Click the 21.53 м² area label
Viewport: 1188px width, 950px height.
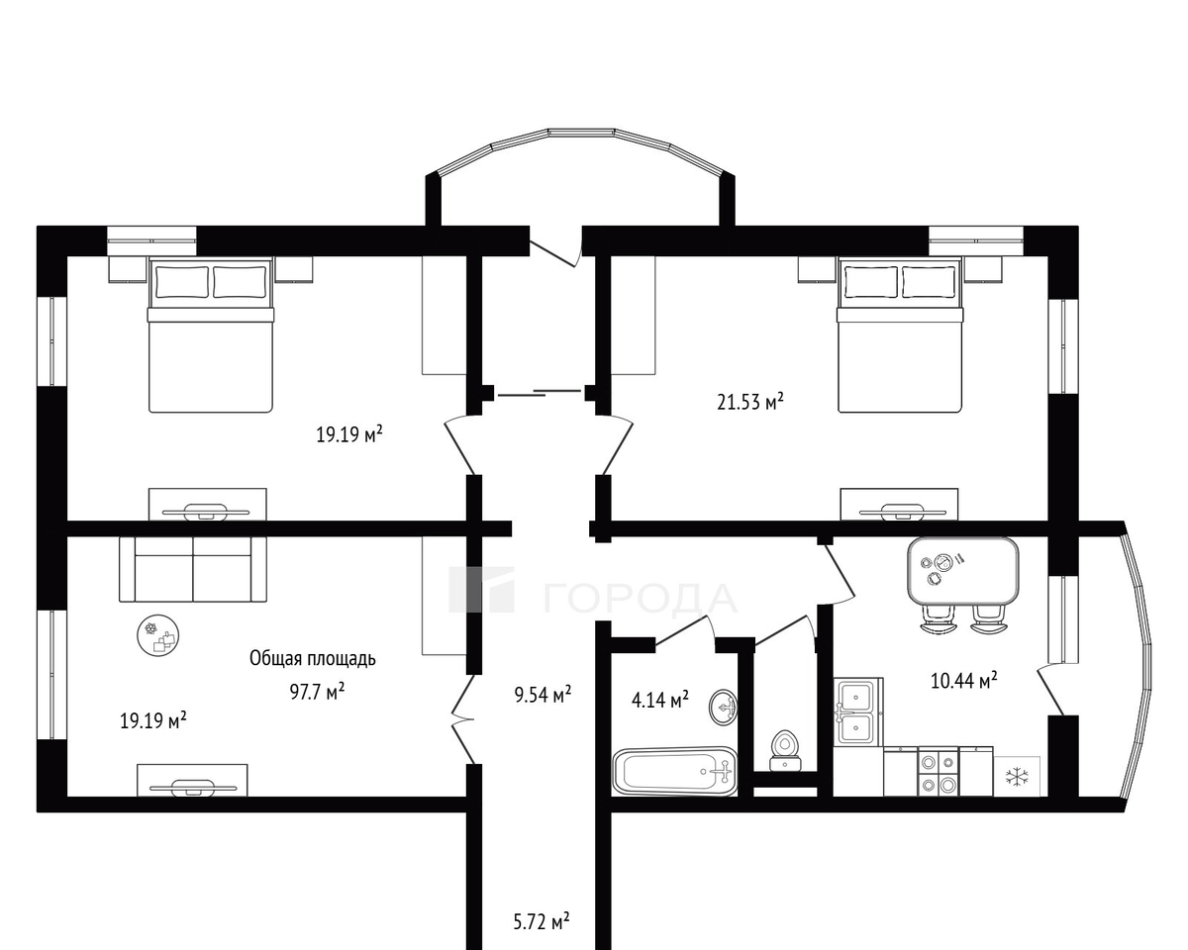750,402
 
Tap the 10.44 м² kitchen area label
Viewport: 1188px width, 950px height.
964,681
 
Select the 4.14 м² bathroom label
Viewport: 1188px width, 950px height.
659,700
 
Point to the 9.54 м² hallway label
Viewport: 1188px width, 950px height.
543,695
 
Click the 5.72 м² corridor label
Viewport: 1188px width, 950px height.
542,921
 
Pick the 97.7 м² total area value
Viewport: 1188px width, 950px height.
318,691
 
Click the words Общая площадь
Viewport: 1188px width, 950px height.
313,658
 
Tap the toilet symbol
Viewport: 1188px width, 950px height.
785,751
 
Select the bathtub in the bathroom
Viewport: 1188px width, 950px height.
674,772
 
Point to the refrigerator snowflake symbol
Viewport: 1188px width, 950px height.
1015,777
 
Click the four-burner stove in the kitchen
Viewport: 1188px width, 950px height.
938,772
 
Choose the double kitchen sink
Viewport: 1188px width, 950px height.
858,712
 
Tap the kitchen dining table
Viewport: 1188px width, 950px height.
962,570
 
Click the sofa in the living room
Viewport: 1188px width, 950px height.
193,569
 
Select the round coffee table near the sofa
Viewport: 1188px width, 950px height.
158,635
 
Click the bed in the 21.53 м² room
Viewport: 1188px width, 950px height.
900,335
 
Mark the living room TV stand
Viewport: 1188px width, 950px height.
192,780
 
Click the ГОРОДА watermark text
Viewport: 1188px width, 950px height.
641,598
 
